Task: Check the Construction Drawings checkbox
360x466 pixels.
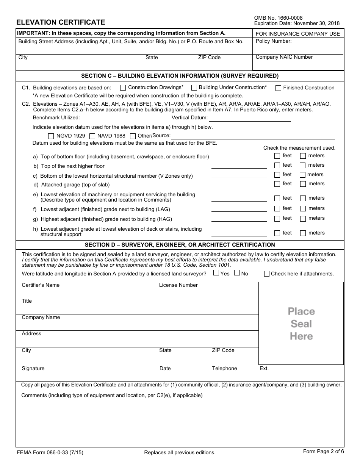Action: (123, 88)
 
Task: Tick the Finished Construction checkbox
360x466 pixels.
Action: (278, 88)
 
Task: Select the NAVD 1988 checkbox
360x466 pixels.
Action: (92, 136)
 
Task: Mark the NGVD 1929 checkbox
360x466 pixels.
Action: (51, 136)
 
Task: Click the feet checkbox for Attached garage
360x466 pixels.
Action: (277, 184)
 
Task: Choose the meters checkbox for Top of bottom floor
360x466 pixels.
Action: (303, 156)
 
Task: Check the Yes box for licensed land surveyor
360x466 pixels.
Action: (216, 273)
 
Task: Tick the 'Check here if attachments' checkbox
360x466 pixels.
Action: (267, 274)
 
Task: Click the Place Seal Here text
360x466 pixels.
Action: (301, 324)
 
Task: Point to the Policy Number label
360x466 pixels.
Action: (274, 41)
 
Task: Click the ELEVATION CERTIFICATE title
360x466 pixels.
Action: (61, 22)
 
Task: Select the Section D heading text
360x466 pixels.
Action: (180, 245)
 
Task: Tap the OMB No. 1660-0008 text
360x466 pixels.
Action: (278, 18)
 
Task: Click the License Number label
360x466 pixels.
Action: (178, 285)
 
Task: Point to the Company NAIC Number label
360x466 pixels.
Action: (284, 57)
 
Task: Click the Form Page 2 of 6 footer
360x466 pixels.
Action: (323, 451)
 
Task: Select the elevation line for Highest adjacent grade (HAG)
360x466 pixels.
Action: (239, 219)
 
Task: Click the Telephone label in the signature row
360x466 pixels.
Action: (224, 369)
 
